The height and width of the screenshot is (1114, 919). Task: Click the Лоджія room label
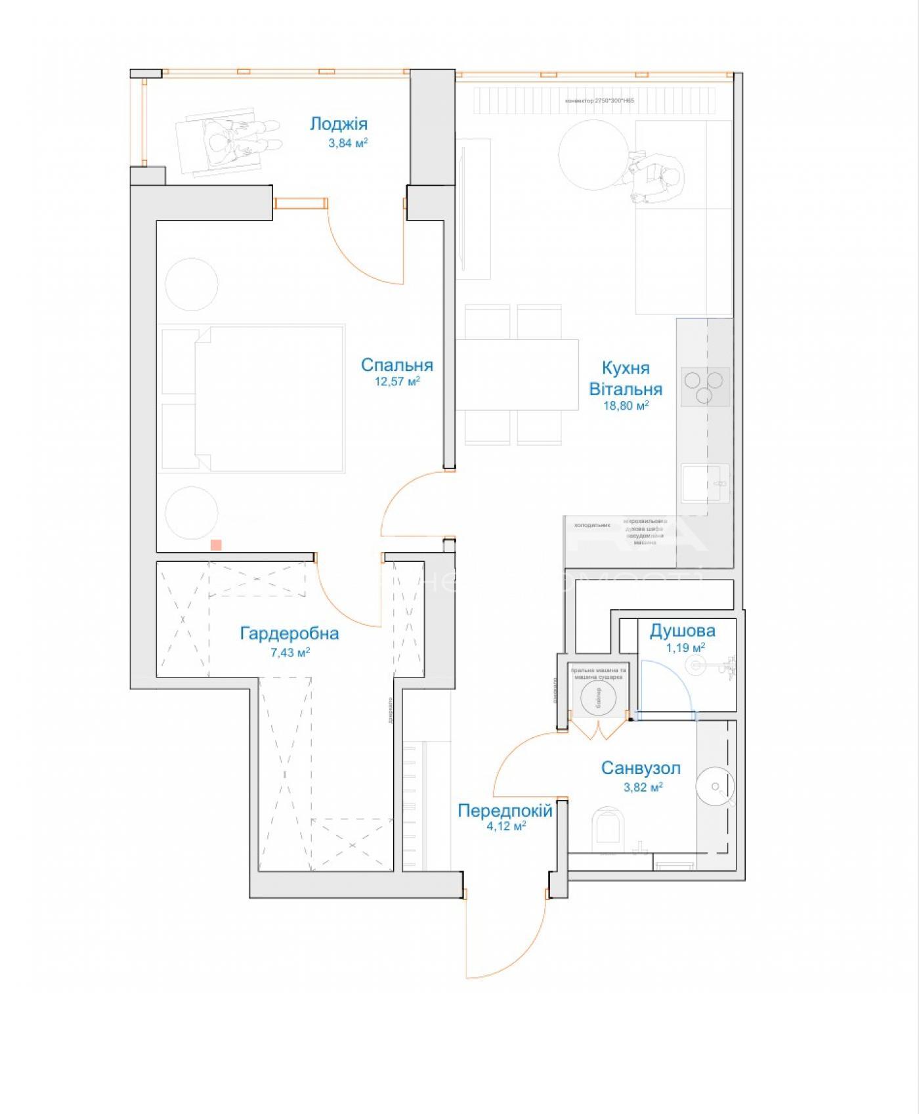339,124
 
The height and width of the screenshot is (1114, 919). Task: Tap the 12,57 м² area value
397,381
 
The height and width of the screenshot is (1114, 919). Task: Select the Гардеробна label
289,633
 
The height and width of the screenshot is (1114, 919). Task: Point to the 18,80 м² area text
626,406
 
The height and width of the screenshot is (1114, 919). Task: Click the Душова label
682,631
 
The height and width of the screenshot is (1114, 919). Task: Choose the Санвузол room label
641,768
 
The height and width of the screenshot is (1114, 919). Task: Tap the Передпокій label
505,811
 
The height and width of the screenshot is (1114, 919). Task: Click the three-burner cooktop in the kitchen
704,387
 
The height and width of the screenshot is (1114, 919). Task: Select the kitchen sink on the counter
704,484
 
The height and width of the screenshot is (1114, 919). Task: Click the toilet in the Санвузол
606,827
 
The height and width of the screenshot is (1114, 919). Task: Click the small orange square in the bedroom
215,545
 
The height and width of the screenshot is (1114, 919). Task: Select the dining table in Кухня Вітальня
517,375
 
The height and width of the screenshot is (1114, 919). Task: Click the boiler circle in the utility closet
598,695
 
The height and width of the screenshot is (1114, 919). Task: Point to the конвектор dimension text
599,101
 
